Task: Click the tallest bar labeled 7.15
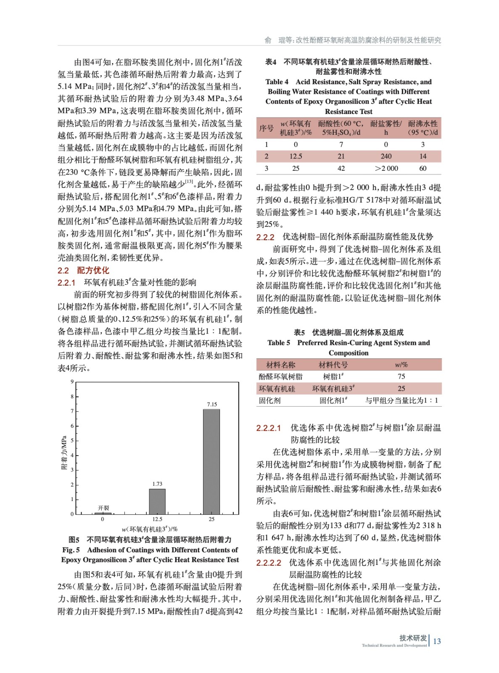(x=211, y=461)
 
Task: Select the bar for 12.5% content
(x=157, y=501)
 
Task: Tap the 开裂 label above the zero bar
(x=103, y=508)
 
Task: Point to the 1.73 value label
(x=157, y=484)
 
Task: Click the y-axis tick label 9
(x=72, y=382)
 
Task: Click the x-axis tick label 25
(x=211, y=519)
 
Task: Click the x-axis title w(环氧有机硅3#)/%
(x=150, y=529)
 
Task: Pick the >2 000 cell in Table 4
(x=386, y=168)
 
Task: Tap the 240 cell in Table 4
(x=386, y=156)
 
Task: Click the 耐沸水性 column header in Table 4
(x=423, y=128)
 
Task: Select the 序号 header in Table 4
(x=266, y=128)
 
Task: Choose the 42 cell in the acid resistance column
(x=341, y=168)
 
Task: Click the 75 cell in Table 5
(x=401, y=376)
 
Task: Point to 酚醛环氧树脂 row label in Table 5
(x=280, y=376)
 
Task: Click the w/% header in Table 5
(x=401, y=365)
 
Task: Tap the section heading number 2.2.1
(x=66, y=283)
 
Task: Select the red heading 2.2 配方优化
(x=83, y=270)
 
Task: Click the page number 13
(x=437, y=641)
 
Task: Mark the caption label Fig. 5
(x=71, y=550)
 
